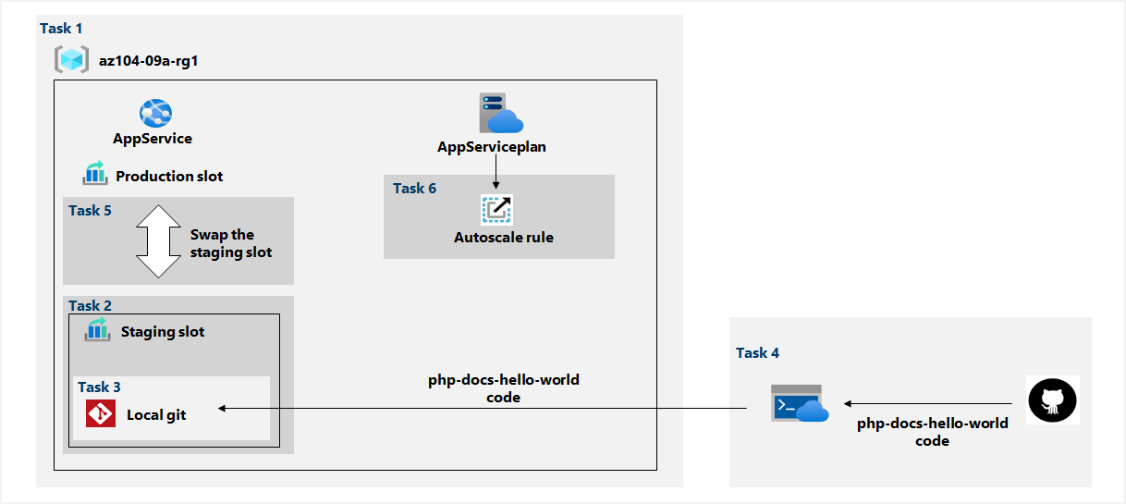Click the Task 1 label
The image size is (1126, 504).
click(x=61, y=29)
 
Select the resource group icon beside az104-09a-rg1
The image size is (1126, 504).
click(x=70, y=61)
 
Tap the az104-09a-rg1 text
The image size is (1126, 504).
click(x=149, y=62)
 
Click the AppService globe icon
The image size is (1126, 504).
click(x=154, y=114)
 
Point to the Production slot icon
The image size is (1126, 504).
click(x=95, y=174)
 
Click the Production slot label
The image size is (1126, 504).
click(x=169, y=176)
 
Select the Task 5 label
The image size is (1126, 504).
click(x=90, y=211)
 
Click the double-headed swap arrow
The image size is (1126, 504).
click(x=158, y=240)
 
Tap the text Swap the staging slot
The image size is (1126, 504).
click(x=230, y=243)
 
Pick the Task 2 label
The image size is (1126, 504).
click(x=90, y=305)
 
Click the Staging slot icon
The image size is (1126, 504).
click(x=97, y=330)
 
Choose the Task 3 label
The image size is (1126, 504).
click(x=99, y=387)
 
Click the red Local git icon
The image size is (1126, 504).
click(x=100, y=413)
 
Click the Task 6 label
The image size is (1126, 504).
click(x=414, y=189)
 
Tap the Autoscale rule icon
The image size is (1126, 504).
click(x=496, y=210)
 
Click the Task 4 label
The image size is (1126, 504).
click(x=757, y=352)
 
